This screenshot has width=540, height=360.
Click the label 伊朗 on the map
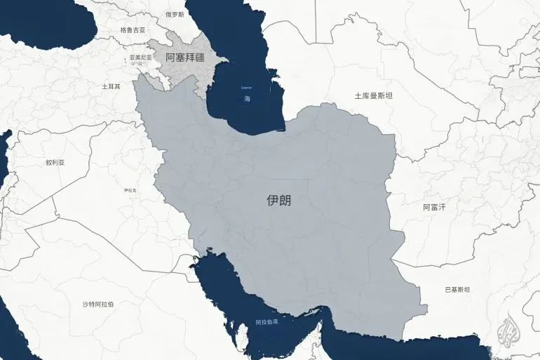[x=278, y=200]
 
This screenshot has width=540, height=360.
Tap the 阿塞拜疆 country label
[x=185, y=58]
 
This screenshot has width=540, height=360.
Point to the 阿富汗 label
[x=434, y=207]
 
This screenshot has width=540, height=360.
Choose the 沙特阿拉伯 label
[x=98, y=304]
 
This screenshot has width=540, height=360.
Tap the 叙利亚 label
[x=55, y=162]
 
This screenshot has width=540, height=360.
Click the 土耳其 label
[x=111, y=86]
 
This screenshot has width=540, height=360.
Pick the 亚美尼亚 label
[x=140, y=58]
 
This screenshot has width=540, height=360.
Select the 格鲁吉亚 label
[x=133, y=30]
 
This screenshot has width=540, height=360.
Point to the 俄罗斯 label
[x=175, y=14]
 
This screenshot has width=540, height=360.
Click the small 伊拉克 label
[x=129, y=190]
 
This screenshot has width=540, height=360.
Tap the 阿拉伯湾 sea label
[x=266, y=323]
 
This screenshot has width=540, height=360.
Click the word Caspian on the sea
[x=246, y=88]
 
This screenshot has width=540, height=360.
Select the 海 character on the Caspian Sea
[x=247, y=99]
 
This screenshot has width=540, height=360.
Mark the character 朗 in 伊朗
[x=285, y=200]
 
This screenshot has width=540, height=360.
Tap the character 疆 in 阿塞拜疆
[x=200, y=58]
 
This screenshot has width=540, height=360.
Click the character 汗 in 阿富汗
[x=442, y=207]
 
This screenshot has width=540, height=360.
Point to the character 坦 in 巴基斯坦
[x=467, y=290]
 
